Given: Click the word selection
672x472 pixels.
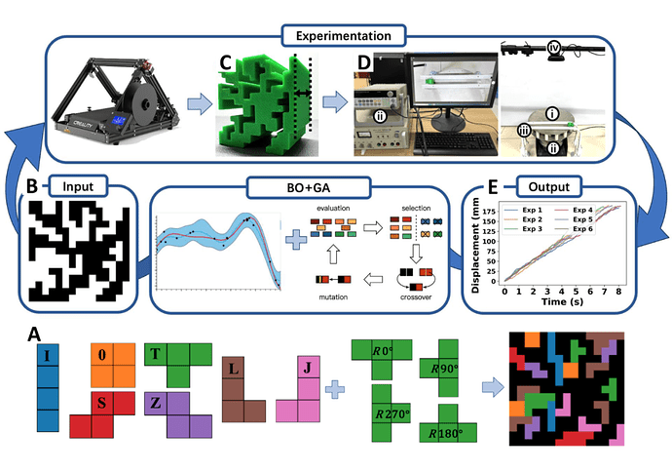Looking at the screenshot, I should (x=409, y=208).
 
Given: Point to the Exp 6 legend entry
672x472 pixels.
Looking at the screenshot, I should (x=585, y=228).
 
